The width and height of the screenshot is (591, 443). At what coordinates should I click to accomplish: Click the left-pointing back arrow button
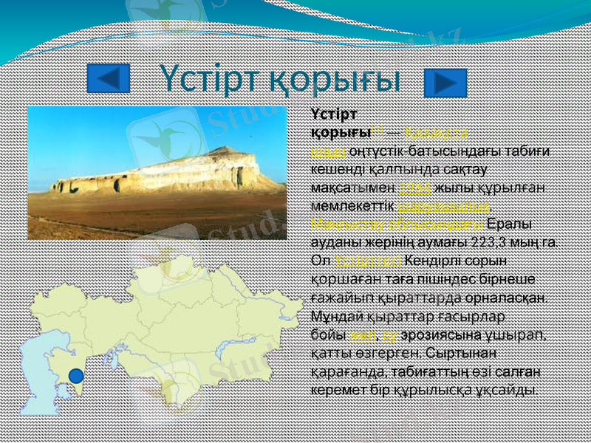[x=109, y=78]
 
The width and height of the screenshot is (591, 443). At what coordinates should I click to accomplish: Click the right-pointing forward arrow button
[x=445, y=83]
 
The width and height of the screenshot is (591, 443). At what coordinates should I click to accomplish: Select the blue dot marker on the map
[x=76, y=376]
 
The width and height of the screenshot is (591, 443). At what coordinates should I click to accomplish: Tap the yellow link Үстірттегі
[x=367, y=260]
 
